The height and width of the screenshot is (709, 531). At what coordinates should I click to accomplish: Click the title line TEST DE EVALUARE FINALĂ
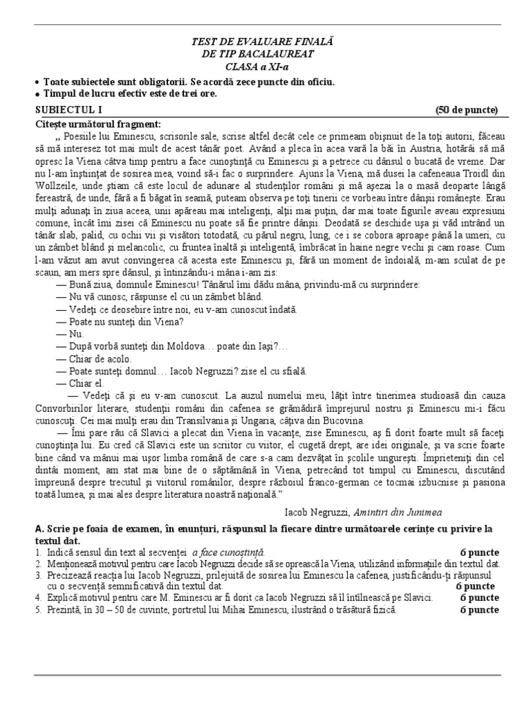265,43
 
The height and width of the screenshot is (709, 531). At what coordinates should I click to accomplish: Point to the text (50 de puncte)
466,110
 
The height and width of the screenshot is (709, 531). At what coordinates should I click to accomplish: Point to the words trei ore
198,94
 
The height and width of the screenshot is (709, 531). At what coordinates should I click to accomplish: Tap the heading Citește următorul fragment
97,124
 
